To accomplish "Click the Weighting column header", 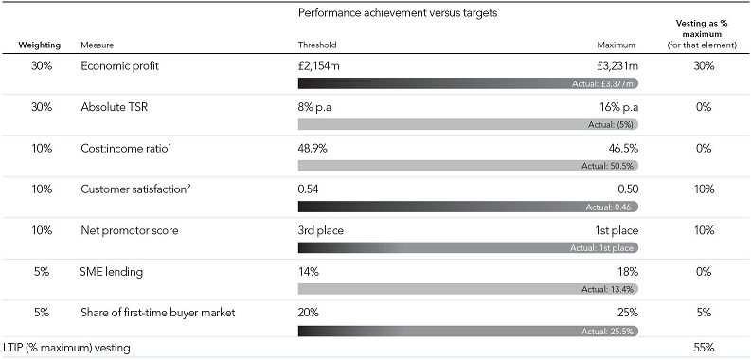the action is click(x=40, y=45).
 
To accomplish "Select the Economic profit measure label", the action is click(x=119, y=66).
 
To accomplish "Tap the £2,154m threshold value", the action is click(x=318, y=66).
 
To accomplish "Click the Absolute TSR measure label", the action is click(x=115, y=107).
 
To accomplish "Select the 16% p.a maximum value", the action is click(x=617, y=107).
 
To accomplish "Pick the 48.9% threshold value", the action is click(x=313, y=149).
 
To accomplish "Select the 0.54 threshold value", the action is click(x=308, y=189).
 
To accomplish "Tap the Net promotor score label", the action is click(x=130, y=230).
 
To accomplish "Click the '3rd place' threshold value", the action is click(x=320, y=230).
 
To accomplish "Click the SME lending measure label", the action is click(x=111, y=272).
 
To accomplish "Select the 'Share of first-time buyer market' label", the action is click(x=157, y=313).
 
